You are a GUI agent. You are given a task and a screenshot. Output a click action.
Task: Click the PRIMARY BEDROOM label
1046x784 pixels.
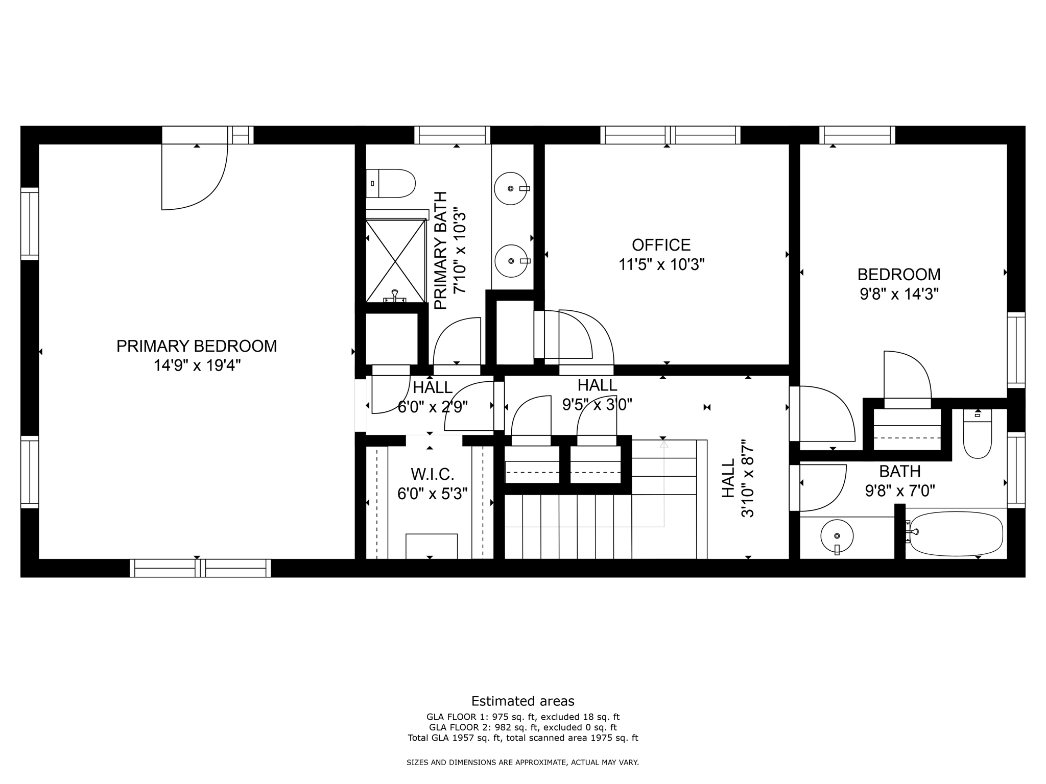pyautogui.click(x=197, y=346)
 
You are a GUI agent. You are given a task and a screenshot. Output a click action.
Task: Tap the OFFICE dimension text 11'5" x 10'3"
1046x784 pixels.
pyautogui.click(x=661, y=265)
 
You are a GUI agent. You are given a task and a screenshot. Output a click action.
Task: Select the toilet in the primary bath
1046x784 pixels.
pyautogui.click(x=391, y=183)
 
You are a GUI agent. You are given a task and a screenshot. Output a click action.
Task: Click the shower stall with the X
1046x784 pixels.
pyautogui.click(x=396, y=261)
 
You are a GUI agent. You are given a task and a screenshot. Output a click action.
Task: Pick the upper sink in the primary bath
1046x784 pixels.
pyautogui.click(x=511, y=188)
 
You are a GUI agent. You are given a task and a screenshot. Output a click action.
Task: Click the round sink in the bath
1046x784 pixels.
pyautogui.click(x=837, y=536)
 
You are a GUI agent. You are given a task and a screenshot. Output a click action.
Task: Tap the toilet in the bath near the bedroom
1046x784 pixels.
pyautogui.click(x=977, y=434)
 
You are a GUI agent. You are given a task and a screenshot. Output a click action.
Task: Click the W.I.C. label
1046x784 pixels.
pyautogui.click(x=433, y=474)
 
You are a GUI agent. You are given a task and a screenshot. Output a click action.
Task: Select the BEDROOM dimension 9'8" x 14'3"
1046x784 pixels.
pyautogui.click(x=899, y=294)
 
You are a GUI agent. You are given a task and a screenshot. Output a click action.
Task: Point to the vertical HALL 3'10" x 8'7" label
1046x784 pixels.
pyautogui.click(x=737, y=478)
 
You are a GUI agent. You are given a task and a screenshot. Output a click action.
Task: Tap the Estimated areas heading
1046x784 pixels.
pyautogui.click(x=522, y=701)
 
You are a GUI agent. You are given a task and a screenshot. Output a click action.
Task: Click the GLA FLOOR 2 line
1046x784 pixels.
pyautogui.click(x=522, y=727)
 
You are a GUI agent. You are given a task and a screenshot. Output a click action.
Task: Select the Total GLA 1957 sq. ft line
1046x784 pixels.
pyautogui.click(x=522, y=738)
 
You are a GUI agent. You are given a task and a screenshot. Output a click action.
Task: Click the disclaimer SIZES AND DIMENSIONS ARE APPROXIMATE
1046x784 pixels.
pyautogui.click(x=522, y=763)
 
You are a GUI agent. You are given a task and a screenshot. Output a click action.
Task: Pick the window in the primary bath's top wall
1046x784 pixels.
pyautogui.click(x=452, y=135)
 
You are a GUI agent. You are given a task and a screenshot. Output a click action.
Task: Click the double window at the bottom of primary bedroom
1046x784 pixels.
pyautogui.click(x=200, y=568)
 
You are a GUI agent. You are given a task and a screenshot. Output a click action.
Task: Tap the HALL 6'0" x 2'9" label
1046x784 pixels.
pyautogui.click(x=433, y=397)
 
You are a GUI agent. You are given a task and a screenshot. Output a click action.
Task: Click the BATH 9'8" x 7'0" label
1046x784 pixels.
pyautogui.click(x=900, y=480)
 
